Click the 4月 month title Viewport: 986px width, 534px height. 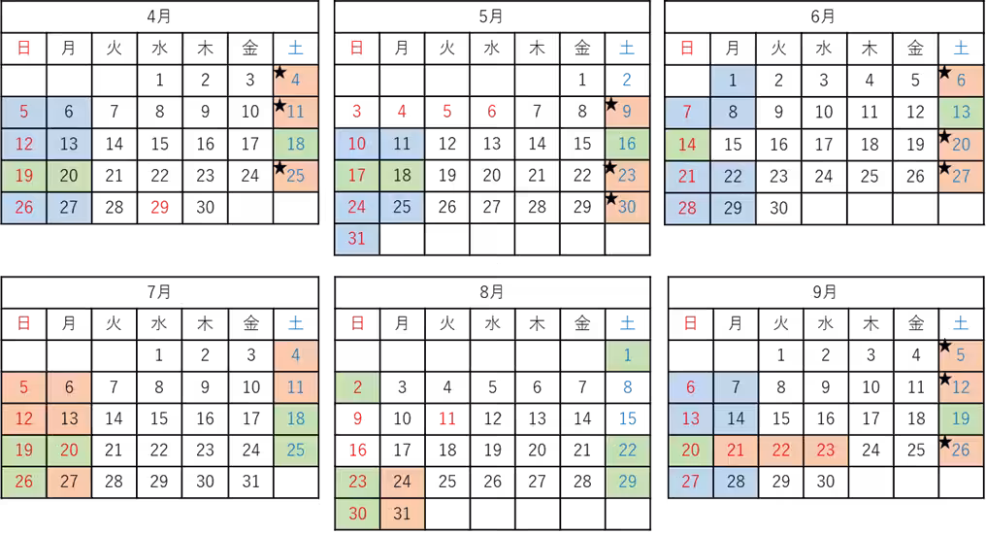tap(159, 16)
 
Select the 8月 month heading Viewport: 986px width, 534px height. tap(492, 291)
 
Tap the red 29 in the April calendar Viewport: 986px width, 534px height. tap(160, 207)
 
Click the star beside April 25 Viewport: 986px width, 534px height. tap(279, 168)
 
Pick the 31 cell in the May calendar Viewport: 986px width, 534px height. tap(356, 239)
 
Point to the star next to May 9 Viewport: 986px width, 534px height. tap(611, 105)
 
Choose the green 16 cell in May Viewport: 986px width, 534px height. tap(627, 144)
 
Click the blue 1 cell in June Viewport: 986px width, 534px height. tap(733, 80)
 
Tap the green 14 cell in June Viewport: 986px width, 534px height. tap(687, 144)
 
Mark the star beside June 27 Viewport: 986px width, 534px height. tap(944, 168)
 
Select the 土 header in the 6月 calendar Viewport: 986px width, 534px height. tap(962, 48)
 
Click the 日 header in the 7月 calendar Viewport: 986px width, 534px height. tap(24, 323)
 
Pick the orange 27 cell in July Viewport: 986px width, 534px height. tap(69, 482)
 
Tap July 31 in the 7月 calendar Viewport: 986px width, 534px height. tap(251, 482)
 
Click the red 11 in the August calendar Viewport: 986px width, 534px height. tap(447, 418)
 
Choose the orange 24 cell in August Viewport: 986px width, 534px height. tap(402, 482)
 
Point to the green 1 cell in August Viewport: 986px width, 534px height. tap(628, 355)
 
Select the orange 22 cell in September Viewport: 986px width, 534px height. tap(781, 451)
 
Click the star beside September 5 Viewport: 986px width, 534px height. tap(944, 346)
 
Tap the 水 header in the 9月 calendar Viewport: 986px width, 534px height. tap(826, 323)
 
